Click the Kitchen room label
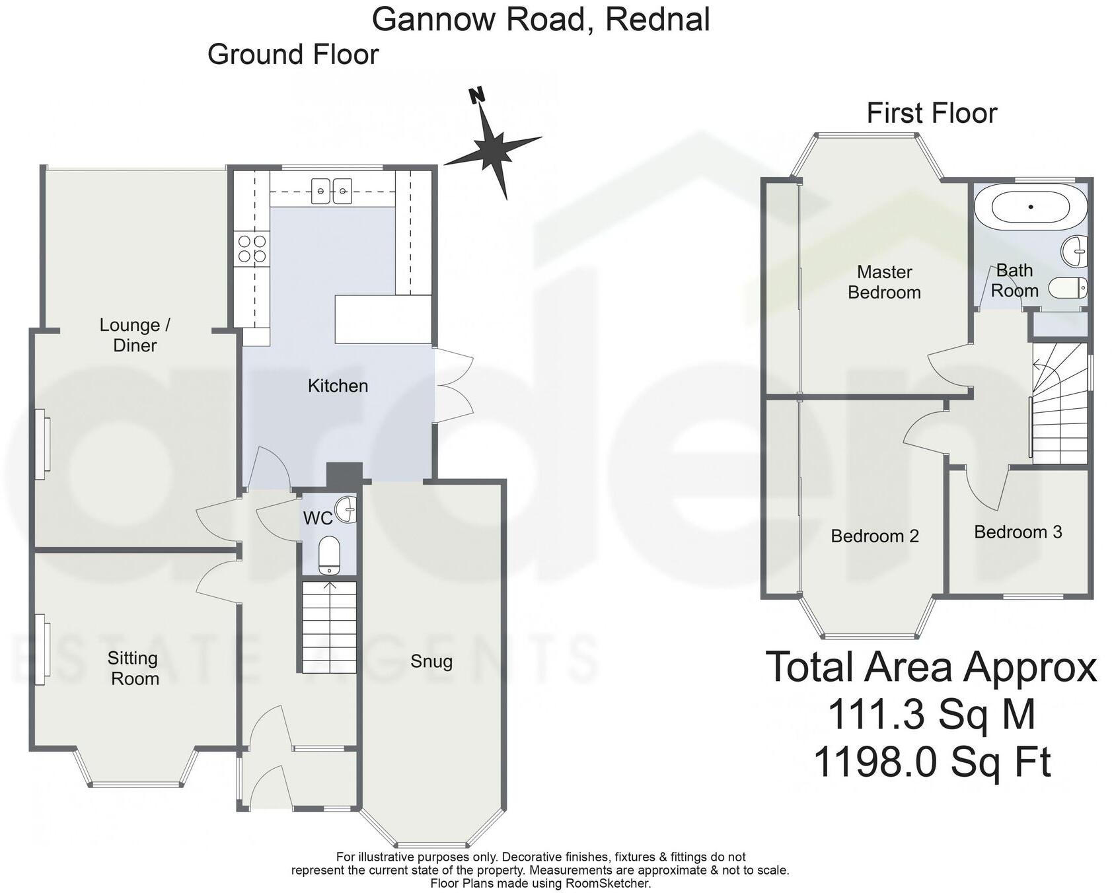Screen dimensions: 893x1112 338,386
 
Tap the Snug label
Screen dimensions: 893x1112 431,661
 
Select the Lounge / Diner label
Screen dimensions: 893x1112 135,335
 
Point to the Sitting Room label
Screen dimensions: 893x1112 134,668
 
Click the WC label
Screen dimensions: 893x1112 317,518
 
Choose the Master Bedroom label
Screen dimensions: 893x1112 884,282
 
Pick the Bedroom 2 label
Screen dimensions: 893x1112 874,536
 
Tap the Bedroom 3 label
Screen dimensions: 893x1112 1018,532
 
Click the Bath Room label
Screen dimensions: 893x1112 1014,281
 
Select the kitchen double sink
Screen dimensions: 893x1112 331,191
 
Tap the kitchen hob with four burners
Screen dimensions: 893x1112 252,249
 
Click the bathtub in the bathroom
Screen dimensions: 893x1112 1030,207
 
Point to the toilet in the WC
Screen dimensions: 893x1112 329,555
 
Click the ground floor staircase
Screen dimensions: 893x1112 329,627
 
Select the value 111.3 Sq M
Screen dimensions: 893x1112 931,715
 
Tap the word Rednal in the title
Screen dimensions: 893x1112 657,19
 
